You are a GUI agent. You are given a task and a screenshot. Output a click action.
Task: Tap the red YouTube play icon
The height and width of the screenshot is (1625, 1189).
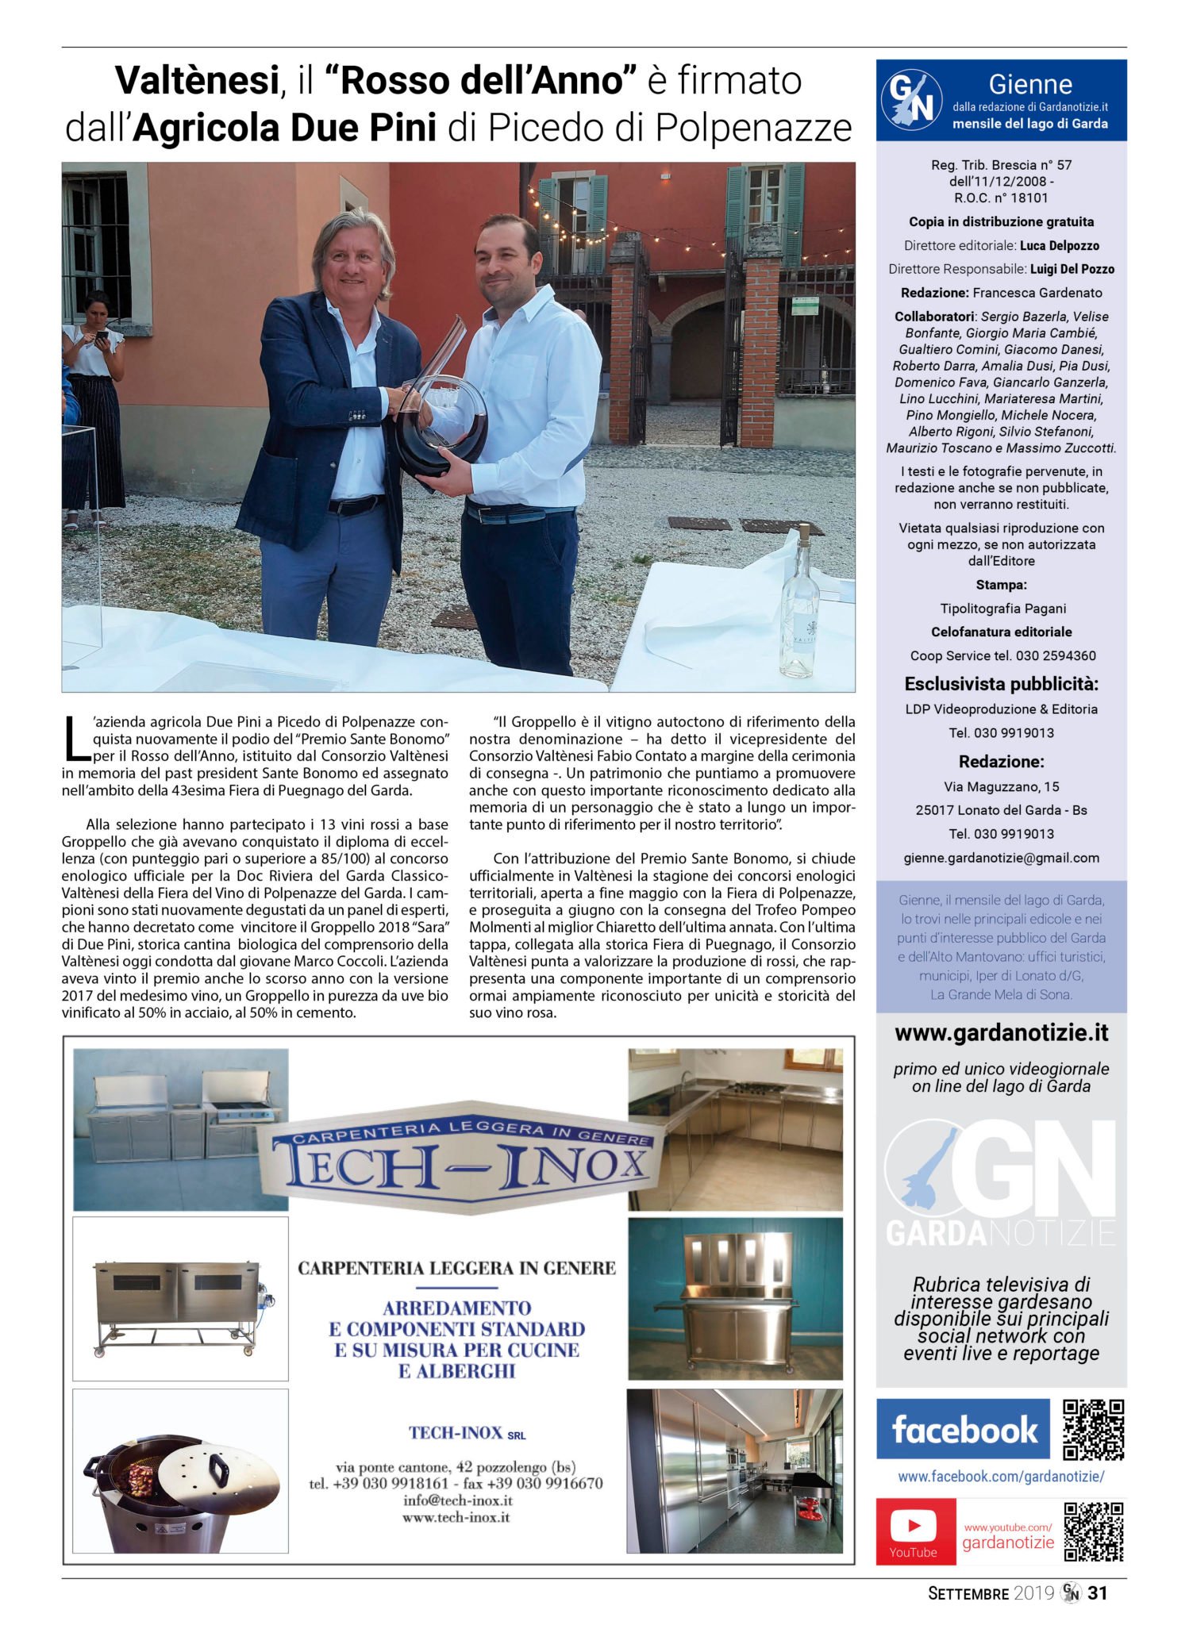point(914,1525)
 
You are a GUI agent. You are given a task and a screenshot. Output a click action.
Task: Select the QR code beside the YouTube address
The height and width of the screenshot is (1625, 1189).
point(1093,1531)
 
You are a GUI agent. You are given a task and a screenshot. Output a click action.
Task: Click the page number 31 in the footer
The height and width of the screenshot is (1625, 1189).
point(1097,1592)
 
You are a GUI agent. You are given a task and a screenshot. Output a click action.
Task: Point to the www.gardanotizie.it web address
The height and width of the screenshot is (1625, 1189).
point(1001,1033)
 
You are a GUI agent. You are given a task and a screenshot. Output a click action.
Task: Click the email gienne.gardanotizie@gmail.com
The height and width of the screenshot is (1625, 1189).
point(1001,858)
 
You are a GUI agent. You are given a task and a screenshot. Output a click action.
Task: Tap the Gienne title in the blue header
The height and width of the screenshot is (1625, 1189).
point(1030,84)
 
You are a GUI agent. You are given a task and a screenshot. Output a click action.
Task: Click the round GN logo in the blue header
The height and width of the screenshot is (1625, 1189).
point(911,101)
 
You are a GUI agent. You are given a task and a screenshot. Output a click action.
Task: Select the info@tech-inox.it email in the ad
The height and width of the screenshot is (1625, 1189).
point(457,1500)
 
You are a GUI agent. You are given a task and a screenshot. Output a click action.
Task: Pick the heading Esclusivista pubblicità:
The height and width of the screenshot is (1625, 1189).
point(1001,685)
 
